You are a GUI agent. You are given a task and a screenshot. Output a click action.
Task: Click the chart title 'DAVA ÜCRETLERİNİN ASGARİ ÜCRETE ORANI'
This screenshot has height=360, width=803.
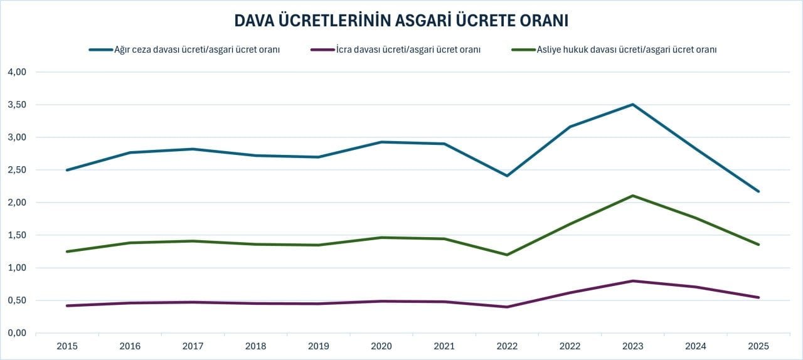coord(401,20)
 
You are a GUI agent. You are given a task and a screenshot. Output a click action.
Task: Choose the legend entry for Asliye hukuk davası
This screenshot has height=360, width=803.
coord(626,50)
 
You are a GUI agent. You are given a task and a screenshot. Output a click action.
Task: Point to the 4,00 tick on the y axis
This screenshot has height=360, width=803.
coord(16,72)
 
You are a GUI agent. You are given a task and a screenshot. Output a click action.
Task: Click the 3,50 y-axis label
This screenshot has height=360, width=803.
coord(16,105)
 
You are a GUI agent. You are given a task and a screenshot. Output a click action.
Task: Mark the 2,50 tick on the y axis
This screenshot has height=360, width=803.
coord(16,170)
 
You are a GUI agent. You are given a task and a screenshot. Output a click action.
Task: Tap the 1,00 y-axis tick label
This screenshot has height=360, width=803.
coord(16,268)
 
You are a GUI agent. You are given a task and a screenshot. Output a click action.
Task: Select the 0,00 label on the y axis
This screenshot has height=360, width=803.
coord(16,333)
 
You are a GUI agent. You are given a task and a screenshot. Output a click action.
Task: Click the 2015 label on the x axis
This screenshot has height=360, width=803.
coord(67,346)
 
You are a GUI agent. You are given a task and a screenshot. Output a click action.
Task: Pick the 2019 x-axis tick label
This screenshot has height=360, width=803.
coord(319,346)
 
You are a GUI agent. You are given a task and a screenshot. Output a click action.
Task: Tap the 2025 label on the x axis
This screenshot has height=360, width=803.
coord(758,346)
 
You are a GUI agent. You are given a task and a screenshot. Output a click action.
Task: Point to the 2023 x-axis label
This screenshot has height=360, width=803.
coord(633,346)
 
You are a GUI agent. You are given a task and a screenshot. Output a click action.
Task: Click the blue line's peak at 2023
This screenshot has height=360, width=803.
coord(633,104)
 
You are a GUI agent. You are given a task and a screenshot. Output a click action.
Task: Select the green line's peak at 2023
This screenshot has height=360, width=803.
coord(633,196)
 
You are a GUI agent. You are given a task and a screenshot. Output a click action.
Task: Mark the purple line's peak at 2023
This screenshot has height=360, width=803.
coord(633,281)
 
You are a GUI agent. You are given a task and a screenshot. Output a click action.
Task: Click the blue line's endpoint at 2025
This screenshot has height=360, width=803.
coord(758,191)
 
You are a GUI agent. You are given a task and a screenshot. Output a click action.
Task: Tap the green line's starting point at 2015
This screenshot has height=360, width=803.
coord(67,251)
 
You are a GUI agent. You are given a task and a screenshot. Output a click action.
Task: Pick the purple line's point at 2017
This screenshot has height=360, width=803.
coord(193,302)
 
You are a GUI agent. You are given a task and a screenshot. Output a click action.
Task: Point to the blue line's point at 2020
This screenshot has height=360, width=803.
coord(381,142)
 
